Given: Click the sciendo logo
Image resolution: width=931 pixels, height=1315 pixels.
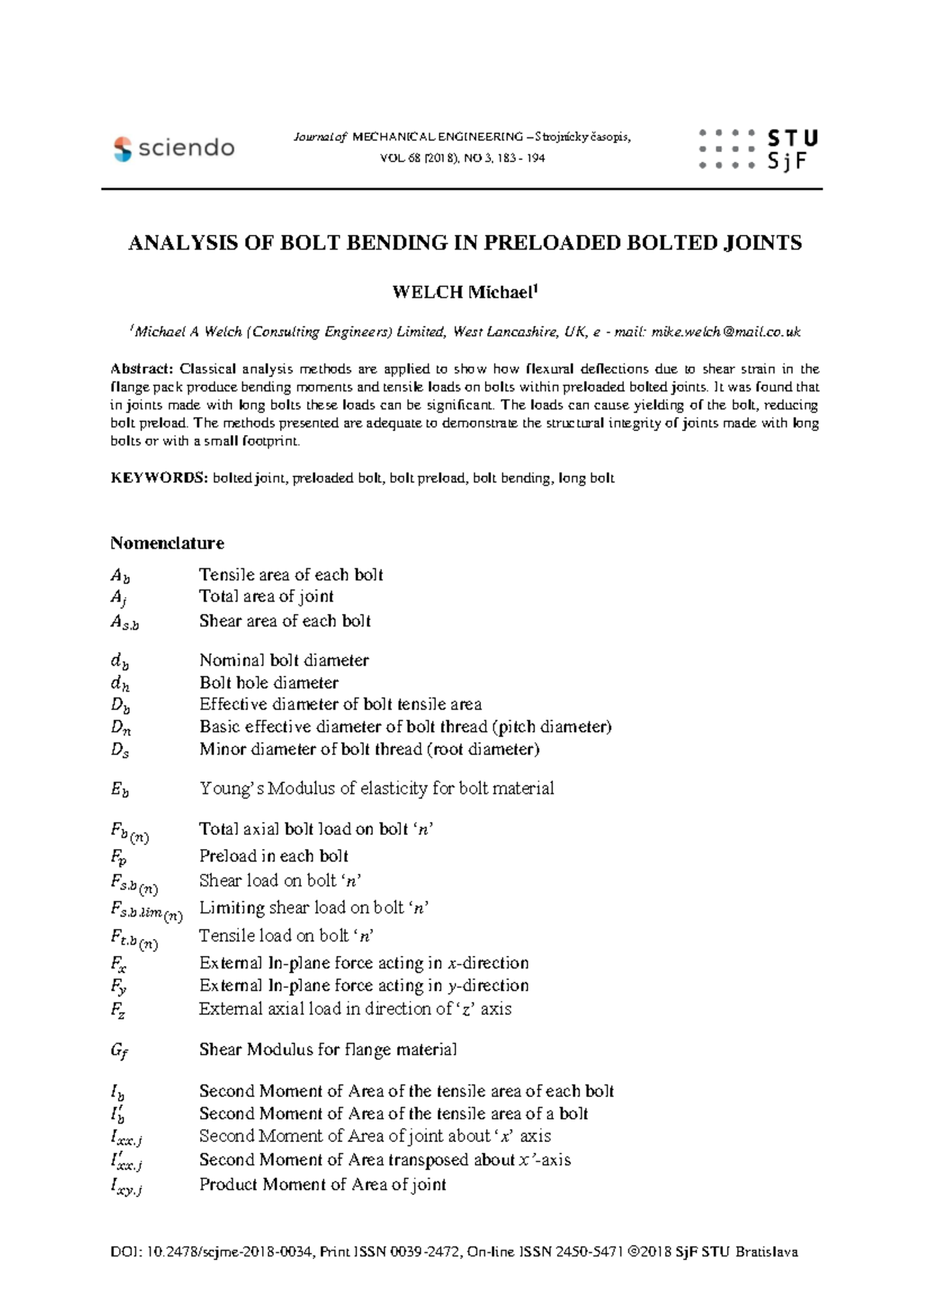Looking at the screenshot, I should point(174,148).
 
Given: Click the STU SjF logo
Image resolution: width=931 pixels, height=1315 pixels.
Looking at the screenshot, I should point(758,149).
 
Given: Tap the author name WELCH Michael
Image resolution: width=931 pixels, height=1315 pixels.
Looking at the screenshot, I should point(464,292).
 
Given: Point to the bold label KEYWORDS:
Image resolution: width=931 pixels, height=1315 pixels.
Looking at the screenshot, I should point(159,478).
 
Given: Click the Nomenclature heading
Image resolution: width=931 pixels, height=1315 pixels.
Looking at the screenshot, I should point(167,543).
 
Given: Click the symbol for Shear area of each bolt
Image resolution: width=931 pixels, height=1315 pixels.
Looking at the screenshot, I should point(124,622).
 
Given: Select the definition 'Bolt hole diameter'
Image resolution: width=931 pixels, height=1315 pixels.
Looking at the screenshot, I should point(268,682).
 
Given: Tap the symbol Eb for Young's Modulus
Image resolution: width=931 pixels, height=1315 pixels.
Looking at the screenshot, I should point(119,789).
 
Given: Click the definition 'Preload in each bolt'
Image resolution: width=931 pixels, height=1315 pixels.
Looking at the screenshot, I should point(273,856).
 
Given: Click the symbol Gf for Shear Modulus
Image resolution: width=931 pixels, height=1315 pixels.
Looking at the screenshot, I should point(119,1051).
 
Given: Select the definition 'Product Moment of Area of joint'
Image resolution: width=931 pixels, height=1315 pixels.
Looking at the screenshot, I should point(322,1184).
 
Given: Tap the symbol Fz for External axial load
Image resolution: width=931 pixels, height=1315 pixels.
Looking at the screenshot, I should point(118,1010).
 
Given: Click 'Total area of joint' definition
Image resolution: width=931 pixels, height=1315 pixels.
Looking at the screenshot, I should point(266,596).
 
